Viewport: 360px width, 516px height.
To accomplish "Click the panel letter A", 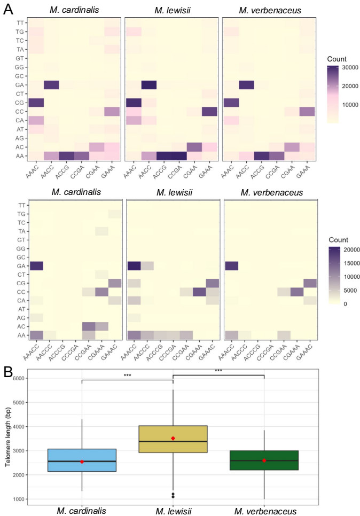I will tap(8, 9).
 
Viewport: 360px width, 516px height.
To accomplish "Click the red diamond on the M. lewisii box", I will tap(173, 438).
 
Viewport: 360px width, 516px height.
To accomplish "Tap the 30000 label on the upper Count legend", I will tap(338, 68).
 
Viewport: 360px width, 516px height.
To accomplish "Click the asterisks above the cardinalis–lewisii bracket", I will tap(127, 376).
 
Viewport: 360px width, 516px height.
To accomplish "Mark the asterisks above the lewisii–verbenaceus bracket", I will tap(218, 370).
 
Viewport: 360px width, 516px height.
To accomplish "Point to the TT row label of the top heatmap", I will tap(20, 23).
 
